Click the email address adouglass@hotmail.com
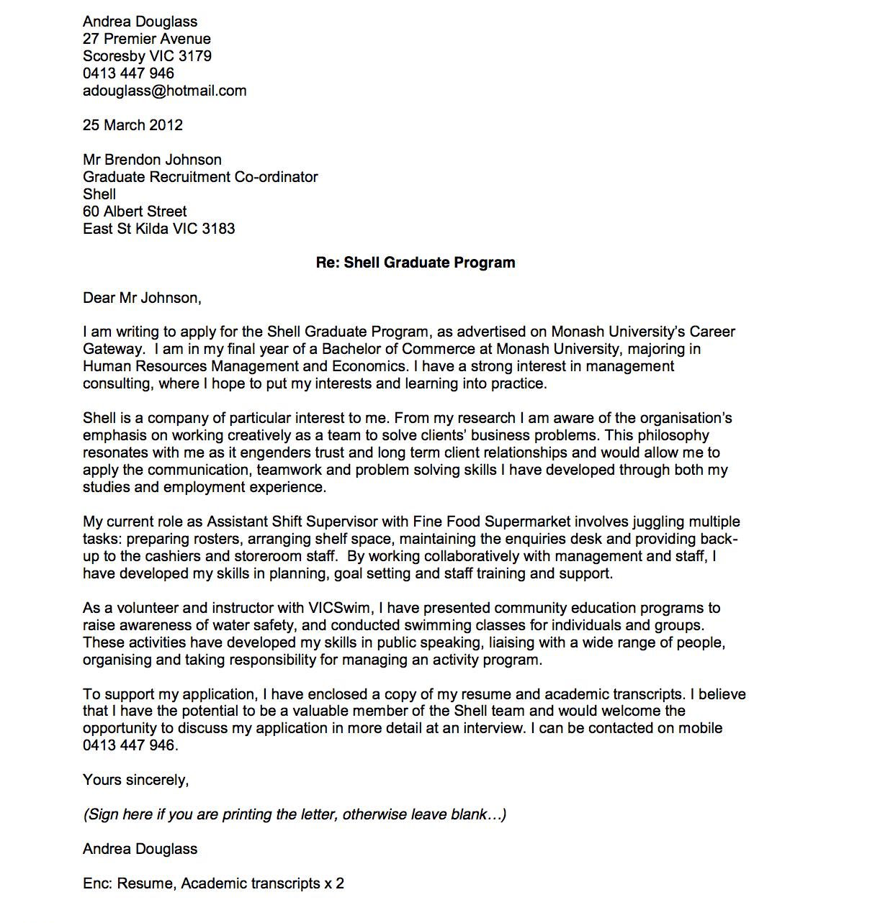click(164, 91)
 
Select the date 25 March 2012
click(133, 125)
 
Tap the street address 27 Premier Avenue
click(147, 39)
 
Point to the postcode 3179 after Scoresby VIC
click(195, 56)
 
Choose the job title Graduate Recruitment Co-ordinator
click(200, 177)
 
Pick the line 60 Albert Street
click(135, 212)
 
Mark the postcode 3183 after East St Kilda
click(218, 229)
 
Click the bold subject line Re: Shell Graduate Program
click(416, 263)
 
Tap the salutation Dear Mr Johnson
click(142, 298)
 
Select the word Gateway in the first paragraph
click(113, 349)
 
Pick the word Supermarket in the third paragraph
click(527, 522)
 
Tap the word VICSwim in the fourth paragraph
click(339, 608)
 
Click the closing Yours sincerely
click(135, 780)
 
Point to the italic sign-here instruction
click(295, 814)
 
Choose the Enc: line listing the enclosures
click(213, 883)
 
